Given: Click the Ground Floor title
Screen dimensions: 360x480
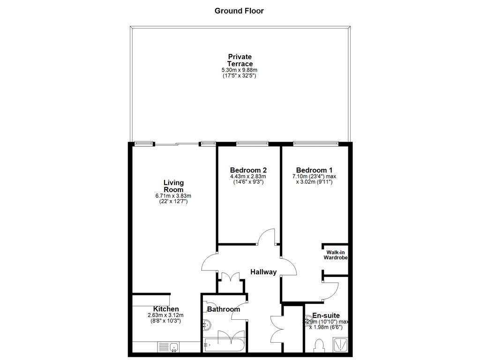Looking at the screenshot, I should coord(239,11).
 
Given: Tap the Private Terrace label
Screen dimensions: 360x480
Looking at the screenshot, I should coord(240,60).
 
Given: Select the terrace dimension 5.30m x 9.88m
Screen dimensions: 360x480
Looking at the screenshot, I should coord(240,70).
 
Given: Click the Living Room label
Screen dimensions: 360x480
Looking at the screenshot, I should coord(173,186).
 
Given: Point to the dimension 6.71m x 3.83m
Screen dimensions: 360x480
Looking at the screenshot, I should coord(173,196).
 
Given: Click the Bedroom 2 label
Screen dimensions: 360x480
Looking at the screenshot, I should coord(248,170).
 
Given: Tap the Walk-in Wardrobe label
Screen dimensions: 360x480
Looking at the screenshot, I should coord(337,255).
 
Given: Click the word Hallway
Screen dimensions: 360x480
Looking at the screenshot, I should coord(263,272).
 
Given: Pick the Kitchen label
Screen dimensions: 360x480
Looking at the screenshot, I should coord(166,309).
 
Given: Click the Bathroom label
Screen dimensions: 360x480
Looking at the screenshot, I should coord(224,309).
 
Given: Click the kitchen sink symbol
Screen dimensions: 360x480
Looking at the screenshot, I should coord(168,347).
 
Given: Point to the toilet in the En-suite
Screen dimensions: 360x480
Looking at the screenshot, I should coord(320,346).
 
